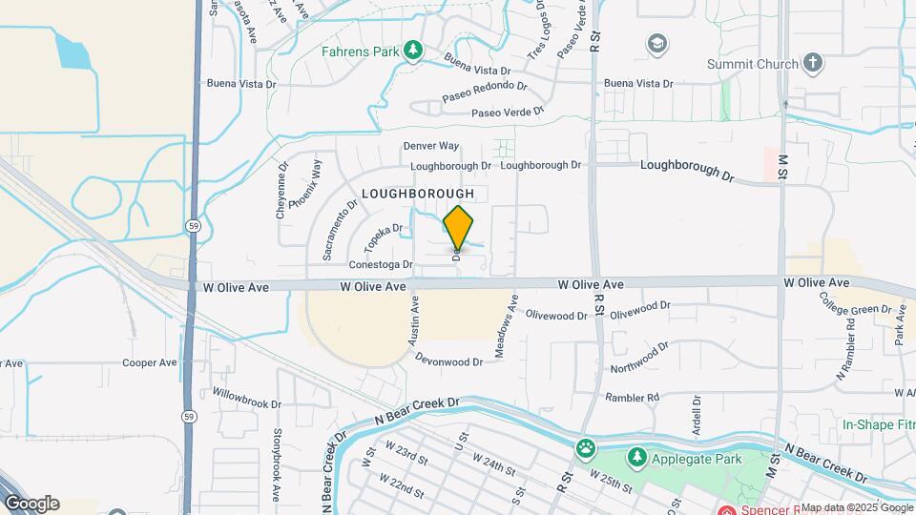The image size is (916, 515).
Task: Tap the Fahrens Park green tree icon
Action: tap(413, 50)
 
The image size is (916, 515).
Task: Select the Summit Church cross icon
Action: tap(812, 64)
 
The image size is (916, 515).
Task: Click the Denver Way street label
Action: tap(431, 146)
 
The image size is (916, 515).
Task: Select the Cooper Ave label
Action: tap(150, 363)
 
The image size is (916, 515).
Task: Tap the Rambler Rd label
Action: tap(633, 397)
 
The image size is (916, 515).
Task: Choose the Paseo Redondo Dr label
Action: tap(485, 93)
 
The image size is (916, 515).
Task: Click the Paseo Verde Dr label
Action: tap(508, 113)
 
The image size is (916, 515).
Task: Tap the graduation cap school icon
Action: tap(656, 44)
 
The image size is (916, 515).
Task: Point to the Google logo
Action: tap(31, 504)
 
